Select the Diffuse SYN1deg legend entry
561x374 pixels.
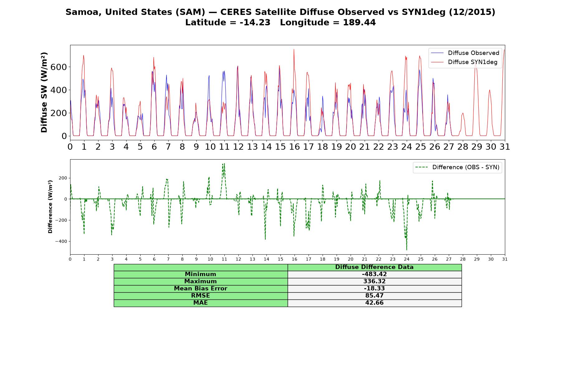(464, 62)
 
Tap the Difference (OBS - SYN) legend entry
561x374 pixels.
(457, 167)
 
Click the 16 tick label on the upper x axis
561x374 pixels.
(294, 146)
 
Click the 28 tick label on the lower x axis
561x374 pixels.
(463, 259)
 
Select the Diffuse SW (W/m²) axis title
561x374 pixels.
(44, 93)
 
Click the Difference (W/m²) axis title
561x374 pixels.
(50, 207)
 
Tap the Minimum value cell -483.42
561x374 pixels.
(374, 274)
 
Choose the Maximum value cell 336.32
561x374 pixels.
(374, 281)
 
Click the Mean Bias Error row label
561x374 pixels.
(200, 289)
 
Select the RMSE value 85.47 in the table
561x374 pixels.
(374, 296)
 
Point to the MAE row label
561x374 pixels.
(200, 303)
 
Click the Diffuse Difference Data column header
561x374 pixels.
(374, 267)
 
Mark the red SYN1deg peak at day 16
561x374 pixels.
(294, 49)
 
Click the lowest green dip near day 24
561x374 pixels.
(407, 250)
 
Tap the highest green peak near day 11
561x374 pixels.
(224, 163)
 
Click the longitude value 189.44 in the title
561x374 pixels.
(359, 22)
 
